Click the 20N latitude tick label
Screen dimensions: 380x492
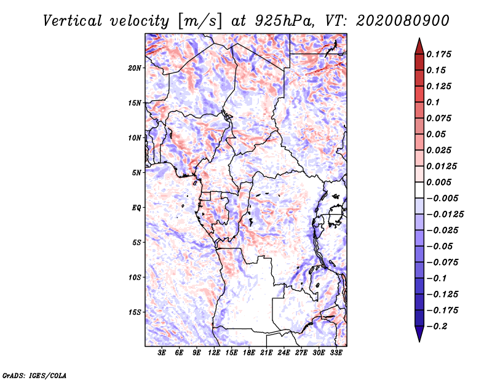point(135,68)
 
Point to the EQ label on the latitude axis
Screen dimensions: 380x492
point(137,207)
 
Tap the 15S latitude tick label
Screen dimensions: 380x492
point(135,312)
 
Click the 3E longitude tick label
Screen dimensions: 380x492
point(162,354)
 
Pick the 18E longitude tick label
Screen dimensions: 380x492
point(249,354)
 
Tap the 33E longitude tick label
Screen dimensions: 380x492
point(336,354)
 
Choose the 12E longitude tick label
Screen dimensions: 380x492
point(214,354)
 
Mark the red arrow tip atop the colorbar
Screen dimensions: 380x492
point(419,41)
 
